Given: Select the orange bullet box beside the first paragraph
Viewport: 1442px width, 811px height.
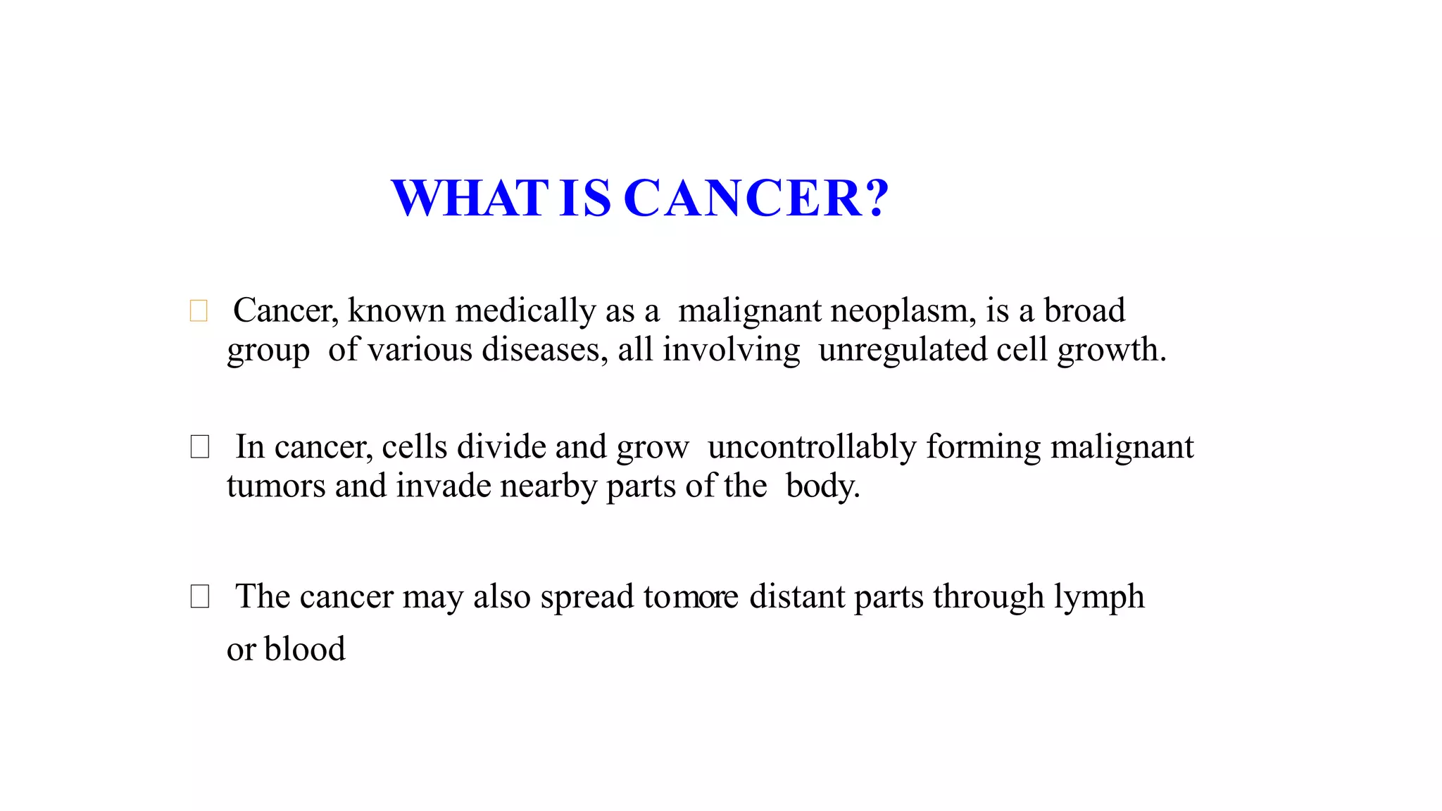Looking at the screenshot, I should [199, 310].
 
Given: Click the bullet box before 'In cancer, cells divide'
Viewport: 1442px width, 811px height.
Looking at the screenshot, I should [200, 446].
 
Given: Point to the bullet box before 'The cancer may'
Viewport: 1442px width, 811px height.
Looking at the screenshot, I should [200, 596].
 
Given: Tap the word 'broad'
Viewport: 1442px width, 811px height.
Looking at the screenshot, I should [1084, 310].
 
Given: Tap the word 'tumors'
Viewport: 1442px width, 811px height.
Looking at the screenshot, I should [276, 486].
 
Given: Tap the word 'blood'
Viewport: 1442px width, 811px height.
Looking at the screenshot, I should [305, 649].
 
